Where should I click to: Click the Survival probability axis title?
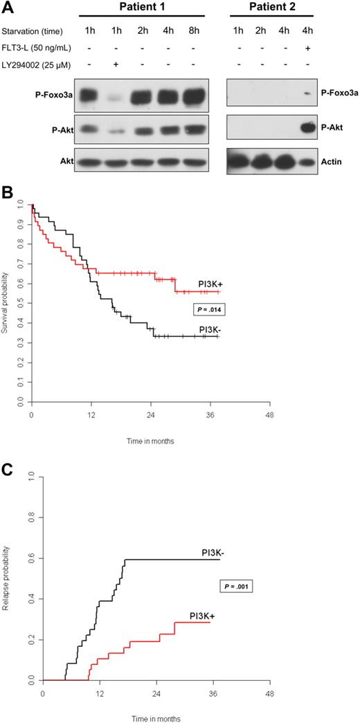coord(6,302)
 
